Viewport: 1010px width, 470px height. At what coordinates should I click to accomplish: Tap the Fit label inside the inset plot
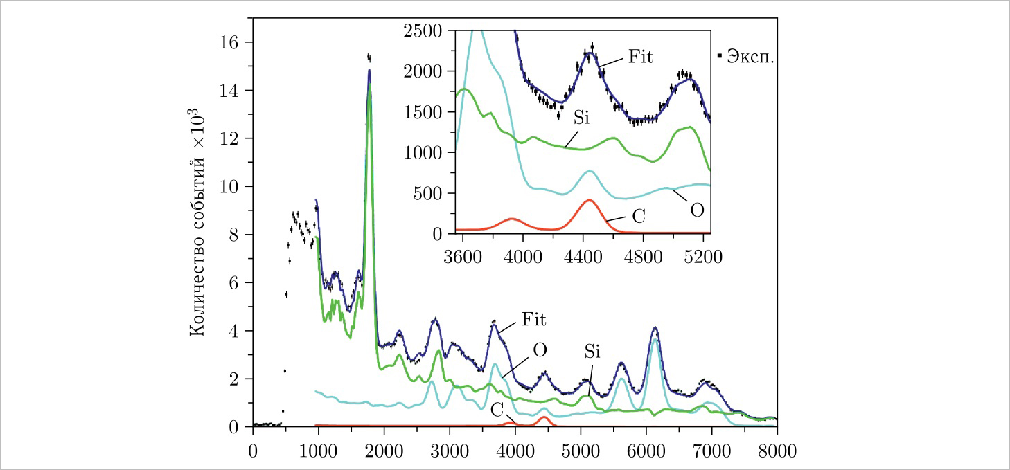pyautogui.click(x=641, y=55)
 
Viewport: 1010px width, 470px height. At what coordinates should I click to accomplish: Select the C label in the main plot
pyautogui.click(x=497, y=408)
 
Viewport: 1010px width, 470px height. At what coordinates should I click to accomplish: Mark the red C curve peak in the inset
pyautogui.click(x=589, y=200)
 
